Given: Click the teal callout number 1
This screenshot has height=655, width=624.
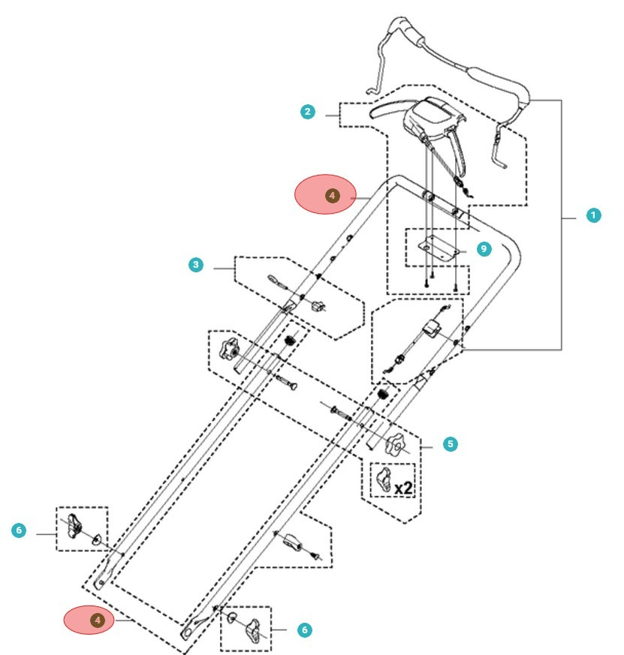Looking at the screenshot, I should click(593, 215).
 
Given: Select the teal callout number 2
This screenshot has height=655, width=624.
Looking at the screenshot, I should click(307, 113).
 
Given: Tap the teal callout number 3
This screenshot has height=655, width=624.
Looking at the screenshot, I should click(196, 265).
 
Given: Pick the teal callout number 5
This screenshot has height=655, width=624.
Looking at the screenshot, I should click(450, 444).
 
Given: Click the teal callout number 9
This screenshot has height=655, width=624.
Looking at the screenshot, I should click(484, 248).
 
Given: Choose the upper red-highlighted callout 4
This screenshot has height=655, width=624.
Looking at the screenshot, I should click(331, 195).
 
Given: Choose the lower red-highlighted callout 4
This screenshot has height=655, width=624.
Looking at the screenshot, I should click(96, 620).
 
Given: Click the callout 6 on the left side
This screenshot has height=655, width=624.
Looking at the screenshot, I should click(20, 531).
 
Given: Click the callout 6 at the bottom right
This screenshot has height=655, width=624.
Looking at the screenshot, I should click(304, 630).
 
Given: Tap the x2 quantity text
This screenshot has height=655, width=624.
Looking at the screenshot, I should click(403, 488).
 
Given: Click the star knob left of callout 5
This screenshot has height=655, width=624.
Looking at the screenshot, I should click(393, 446).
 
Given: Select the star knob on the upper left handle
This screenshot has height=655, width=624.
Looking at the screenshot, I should click(228, 349).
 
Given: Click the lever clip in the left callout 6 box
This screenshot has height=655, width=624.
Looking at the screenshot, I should click(73, 524).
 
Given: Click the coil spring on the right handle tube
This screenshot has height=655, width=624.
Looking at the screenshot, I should click(384, 393).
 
